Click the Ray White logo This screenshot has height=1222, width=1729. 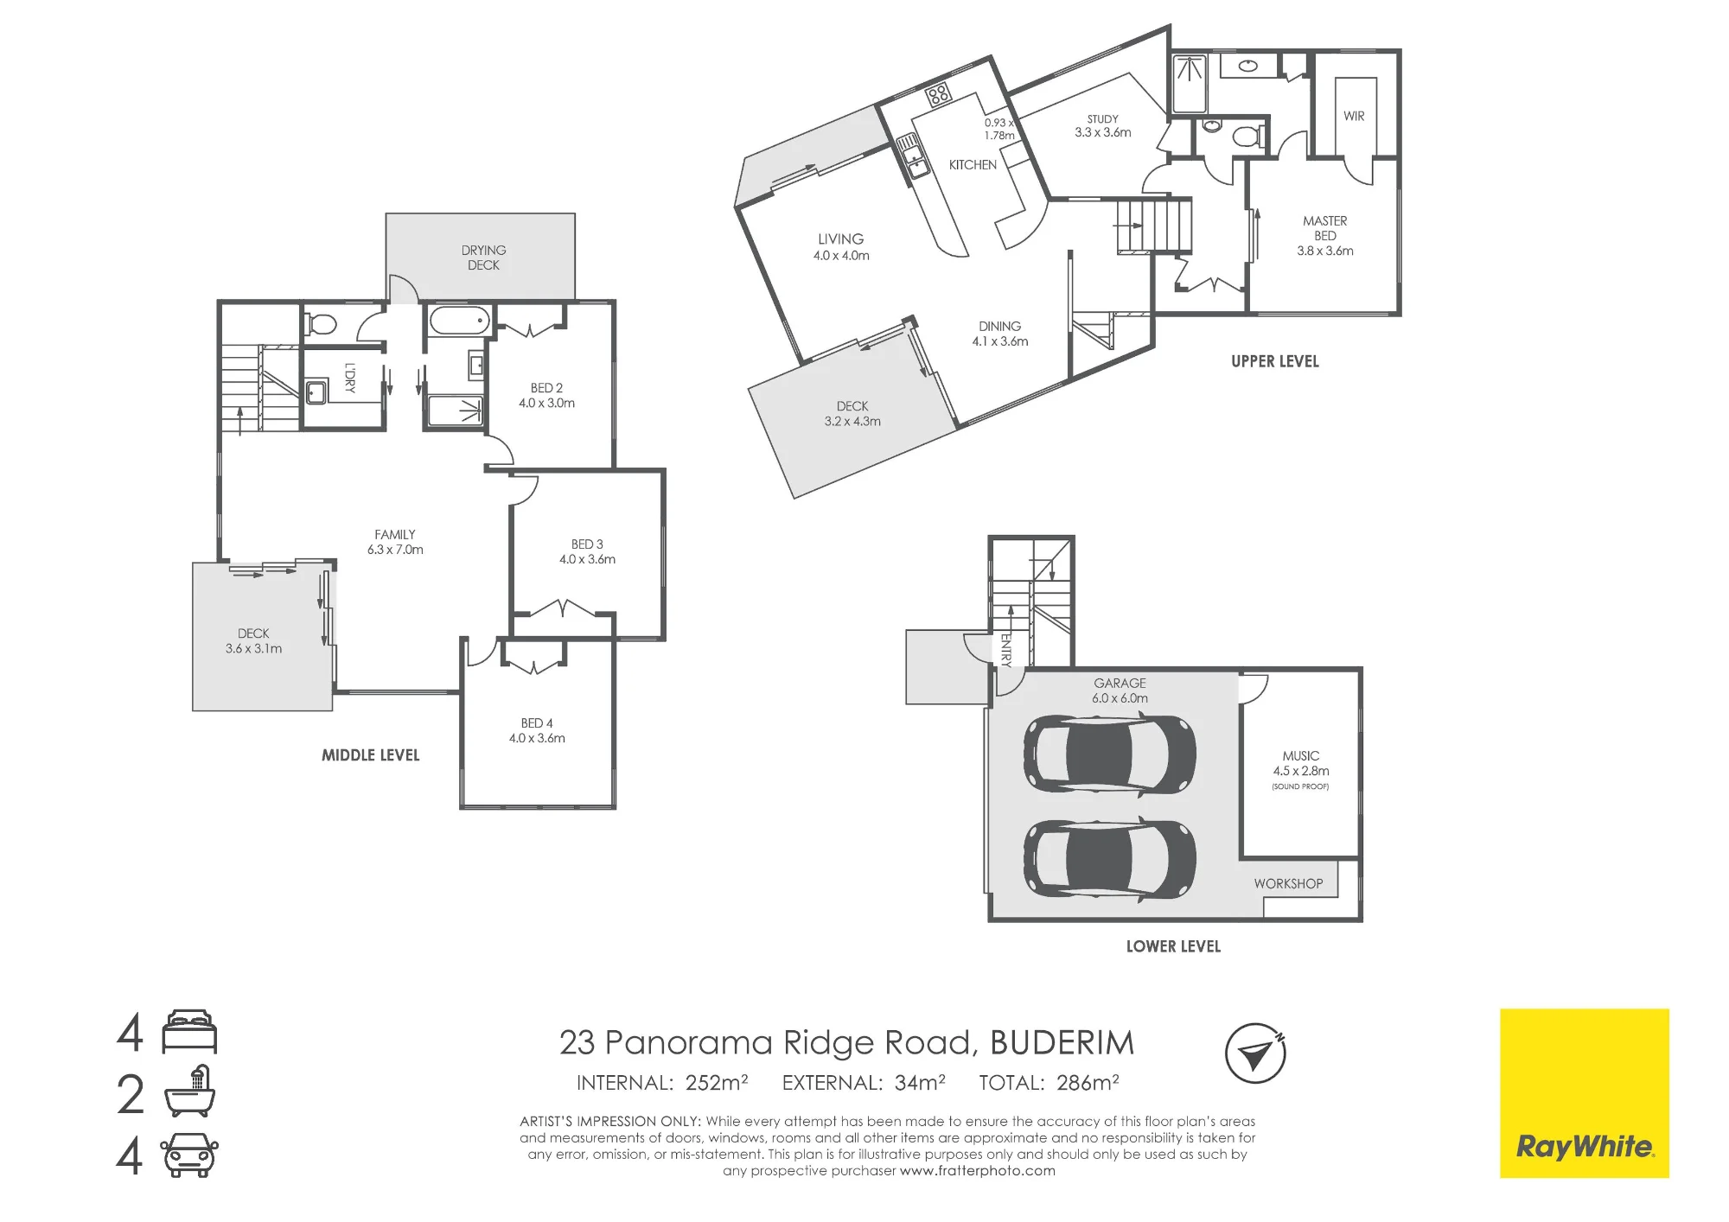click(x=1584, y=1093)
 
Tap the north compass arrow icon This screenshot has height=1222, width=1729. click(x=1255, y=1053)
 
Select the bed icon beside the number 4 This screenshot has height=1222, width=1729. click(x=189, y=1032)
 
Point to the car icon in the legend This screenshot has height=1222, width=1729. click(x=189, y=1155)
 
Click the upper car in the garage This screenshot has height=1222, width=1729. click(x=1110, y=754)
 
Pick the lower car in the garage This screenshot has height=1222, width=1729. click(x=1110, y=859)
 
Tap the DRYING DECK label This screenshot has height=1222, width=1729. click(x=483, y=258)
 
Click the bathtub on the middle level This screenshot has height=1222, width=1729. click(x=459, y=321)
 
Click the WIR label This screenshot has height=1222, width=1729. click(x=1354, y=116)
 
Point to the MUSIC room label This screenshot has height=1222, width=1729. click(x=1301, y=755)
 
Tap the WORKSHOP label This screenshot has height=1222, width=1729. click(x=1288, y=883)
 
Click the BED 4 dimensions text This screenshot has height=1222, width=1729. click(x=537, y=738)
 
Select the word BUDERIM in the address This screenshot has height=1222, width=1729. click(x=1062, y=1043)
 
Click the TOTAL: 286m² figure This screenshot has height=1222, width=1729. click(x=1049, y=1083)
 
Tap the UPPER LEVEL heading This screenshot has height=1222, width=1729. click(x=1275, y=361)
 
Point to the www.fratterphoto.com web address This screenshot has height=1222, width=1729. click(x=977, y=1171)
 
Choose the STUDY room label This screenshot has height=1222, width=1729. click(x=1102, y=119)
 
